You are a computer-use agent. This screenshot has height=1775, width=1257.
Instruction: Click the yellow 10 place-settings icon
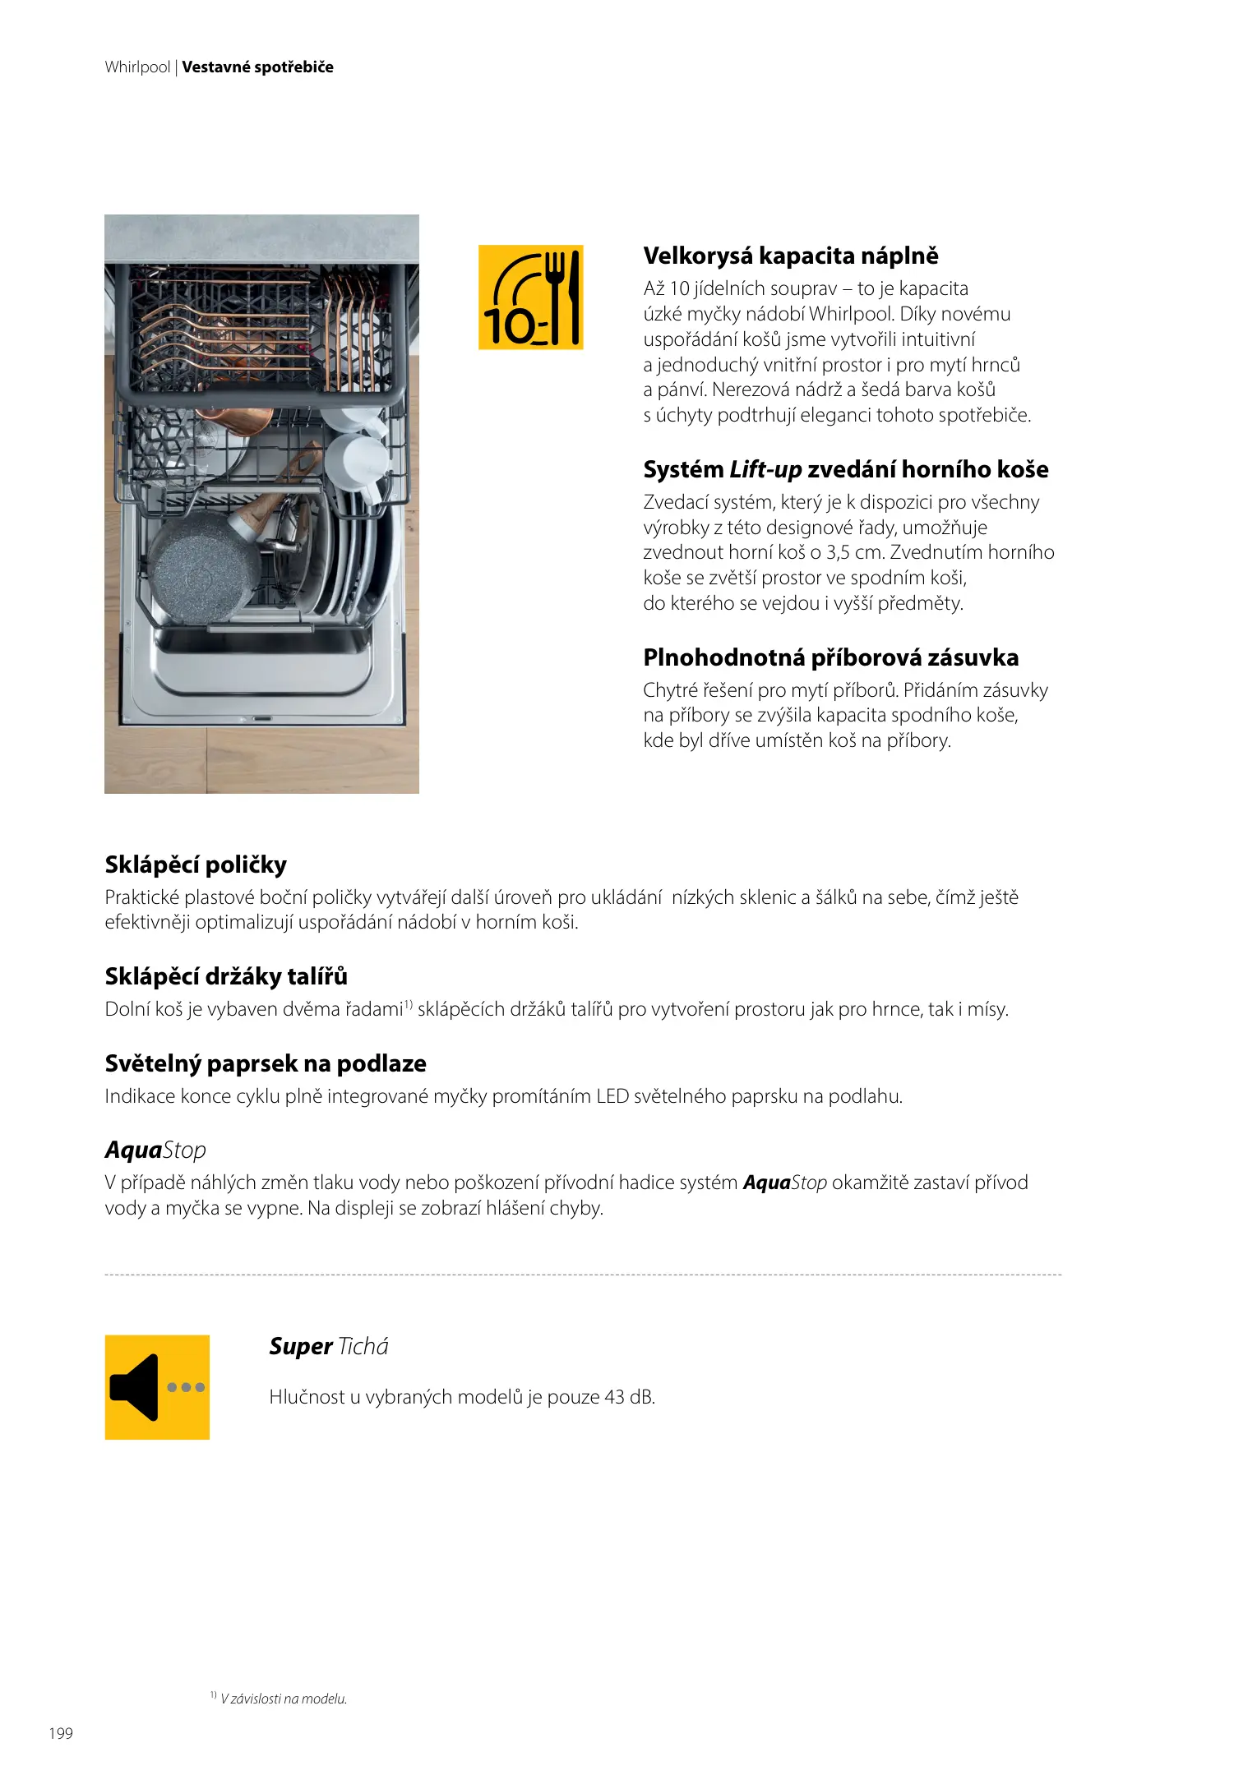[530, 297]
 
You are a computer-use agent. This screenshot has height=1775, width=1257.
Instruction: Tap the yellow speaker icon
[157, 1387]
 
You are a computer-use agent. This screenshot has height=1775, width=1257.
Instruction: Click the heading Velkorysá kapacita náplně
[790, 256]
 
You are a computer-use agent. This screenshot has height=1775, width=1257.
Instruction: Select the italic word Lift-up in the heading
[765, 469]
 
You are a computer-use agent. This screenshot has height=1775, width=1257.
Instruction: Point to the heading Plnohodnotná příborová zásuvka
[830, 657]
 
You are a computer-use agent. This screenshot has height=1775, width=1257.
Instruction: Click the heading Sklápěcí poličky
[196, 864]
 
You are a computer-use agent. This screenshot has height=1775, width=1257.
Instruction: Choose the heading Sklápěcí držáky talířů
[226, 976]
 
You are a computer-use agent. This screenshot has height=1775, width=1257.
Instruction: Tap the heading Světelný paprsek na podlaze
[266, 1063]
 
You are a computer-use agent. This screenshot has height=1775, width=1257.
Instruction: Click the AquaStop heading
[155, 1150]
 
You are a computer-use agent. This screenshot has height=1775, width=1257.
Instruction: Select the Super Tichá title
[328, 1346]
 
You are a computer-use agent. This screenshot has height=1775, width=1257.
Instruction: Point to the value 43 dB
[629, 1397]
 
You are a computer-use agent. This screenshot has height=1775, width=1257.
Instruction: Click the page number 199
[61, 1733]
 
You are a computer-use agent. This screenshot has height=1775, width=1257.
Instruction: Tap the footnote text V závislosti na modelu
[284, 1699]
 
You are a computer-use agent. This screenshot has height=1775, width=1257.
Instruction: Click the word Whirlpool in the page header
[137, 67]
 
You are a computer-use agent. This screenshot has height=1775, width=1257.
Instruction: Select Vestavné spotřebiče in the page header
[257, 67]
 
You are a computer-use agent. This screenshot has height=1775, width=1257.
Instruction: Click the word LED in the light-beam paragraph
[612, 1096]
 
